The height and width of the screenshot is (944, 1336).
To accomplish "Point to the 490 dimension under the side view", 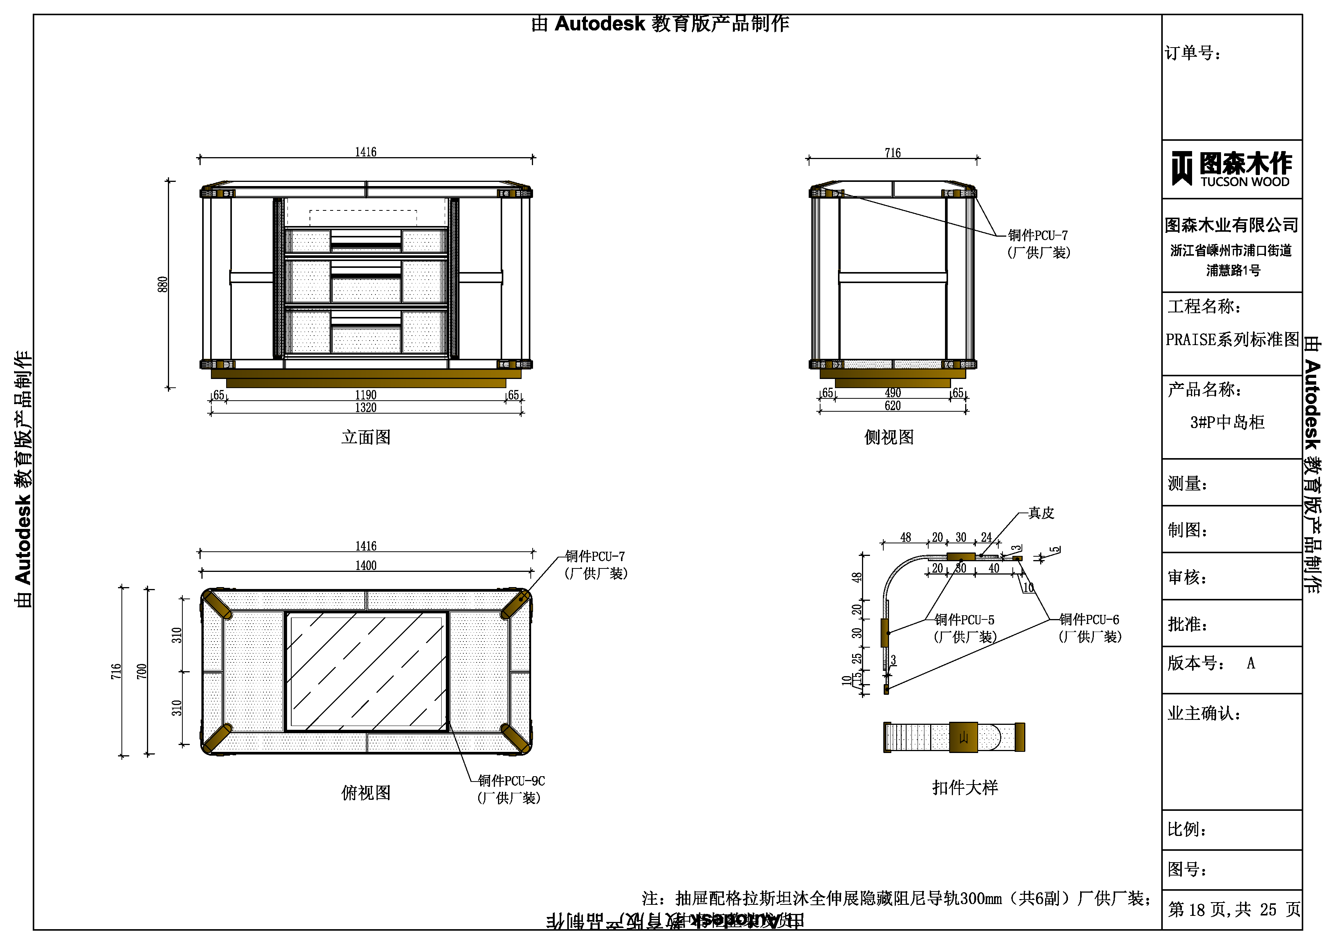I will tap(892, 393).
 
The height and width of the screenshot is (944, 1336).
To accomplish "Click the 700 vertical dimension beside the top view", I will tap(141, 671).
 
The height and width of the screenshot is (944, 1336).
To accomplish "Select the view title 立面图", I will tap(366, 437).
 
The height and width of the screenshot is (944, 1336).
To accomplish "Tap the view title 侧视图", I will tap(889, 437).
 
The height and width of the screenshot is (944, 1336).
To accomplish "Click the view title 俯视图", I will tap(366, 792).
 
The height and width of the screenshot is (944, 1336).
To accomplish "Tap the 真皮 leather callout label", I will tap(1041, 513).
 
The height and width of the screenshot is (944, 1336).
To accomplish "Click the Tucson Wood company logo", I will tap(1231, 169).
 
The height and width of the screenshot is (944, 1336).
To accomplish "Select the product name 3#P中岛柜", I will tap(1227, 422).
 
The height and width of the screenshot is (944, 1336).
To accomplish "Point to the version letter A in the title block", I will tap(1250, 663).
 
